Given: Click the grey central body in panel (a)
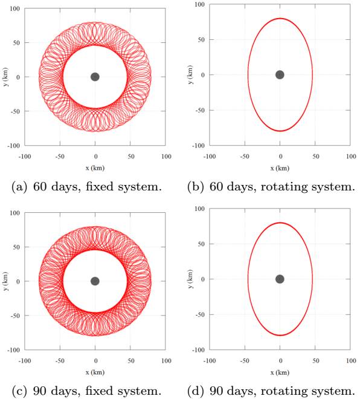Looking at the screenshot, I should click(x=95, y=77).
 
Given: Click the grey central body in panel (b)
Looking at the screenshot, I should click(x=280, y=75).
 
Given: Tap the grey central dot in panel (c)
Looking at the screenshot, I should click(x=95, y=281).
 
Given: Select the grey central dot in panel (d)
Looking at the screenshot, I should click(x=280, y=279).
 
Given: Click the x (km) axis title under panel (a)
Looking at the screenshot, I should click(x=95, y=166).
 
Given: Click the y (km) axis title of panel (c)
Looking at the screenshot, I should click(x=5, y=281).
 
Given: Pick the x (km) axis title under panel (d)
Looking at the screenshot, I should click(x=280, y=371).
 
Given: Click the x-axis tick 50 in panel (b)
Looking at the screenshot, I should click(x=315, y=157).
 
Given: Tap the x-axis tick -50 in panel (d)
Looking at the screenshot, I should click(x=245, y=360).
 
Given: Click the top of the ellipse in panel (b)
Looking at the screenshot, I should click(x=280, y=18).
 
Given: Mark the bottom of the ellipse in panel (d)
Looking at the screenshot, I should click(x=280, y=335).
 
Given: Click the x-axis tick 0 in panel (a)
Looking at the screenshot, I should click(x=95, y=157).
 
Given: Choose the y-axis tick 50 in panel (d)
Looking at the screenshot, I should click(x=199, y=244).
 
